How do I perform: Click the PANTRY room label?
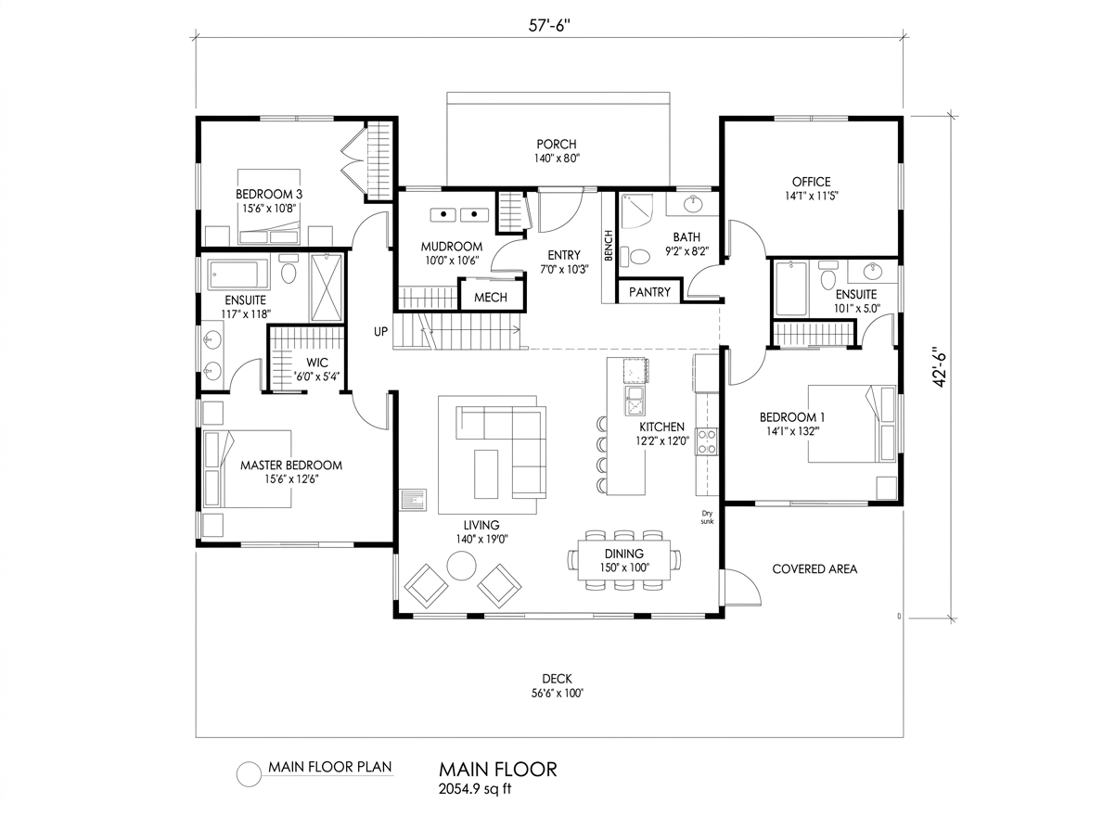click(x=649, y=292)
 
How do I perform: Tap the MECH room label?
click(x=490, y=298)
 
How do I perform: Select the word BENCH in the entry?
click(x=609, y=246)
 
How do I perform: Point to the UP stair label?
click(x=380, y=331)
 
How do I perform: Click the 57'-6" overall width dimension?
click(x=549, y=26)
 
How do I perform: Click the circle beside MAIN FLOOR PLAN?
click(x=249, y=774)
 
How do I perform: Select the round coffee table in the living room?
click(x=461, y=566)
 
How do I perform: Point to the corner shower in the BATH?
click(x=636, y=212)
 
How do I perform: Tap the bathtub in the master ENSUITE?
click(x=238, y=274)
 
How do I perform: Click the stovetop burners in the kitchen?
click(x=707, y=441)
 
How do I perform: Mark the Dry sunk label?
click(x=707, y=517)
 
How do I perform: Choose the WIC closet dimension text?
click(x=317, y=376)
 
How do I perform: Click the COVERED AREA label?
click(x=815, y=569)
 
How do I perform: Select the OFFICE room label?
click(x=812, y=182)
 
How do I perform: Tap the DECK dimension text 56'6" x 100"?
click(x=557, y=693)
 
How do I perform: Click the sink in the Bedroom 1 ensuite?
click(x=872, y=272)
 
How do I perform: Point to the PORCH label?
click(x=557, y=144)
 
